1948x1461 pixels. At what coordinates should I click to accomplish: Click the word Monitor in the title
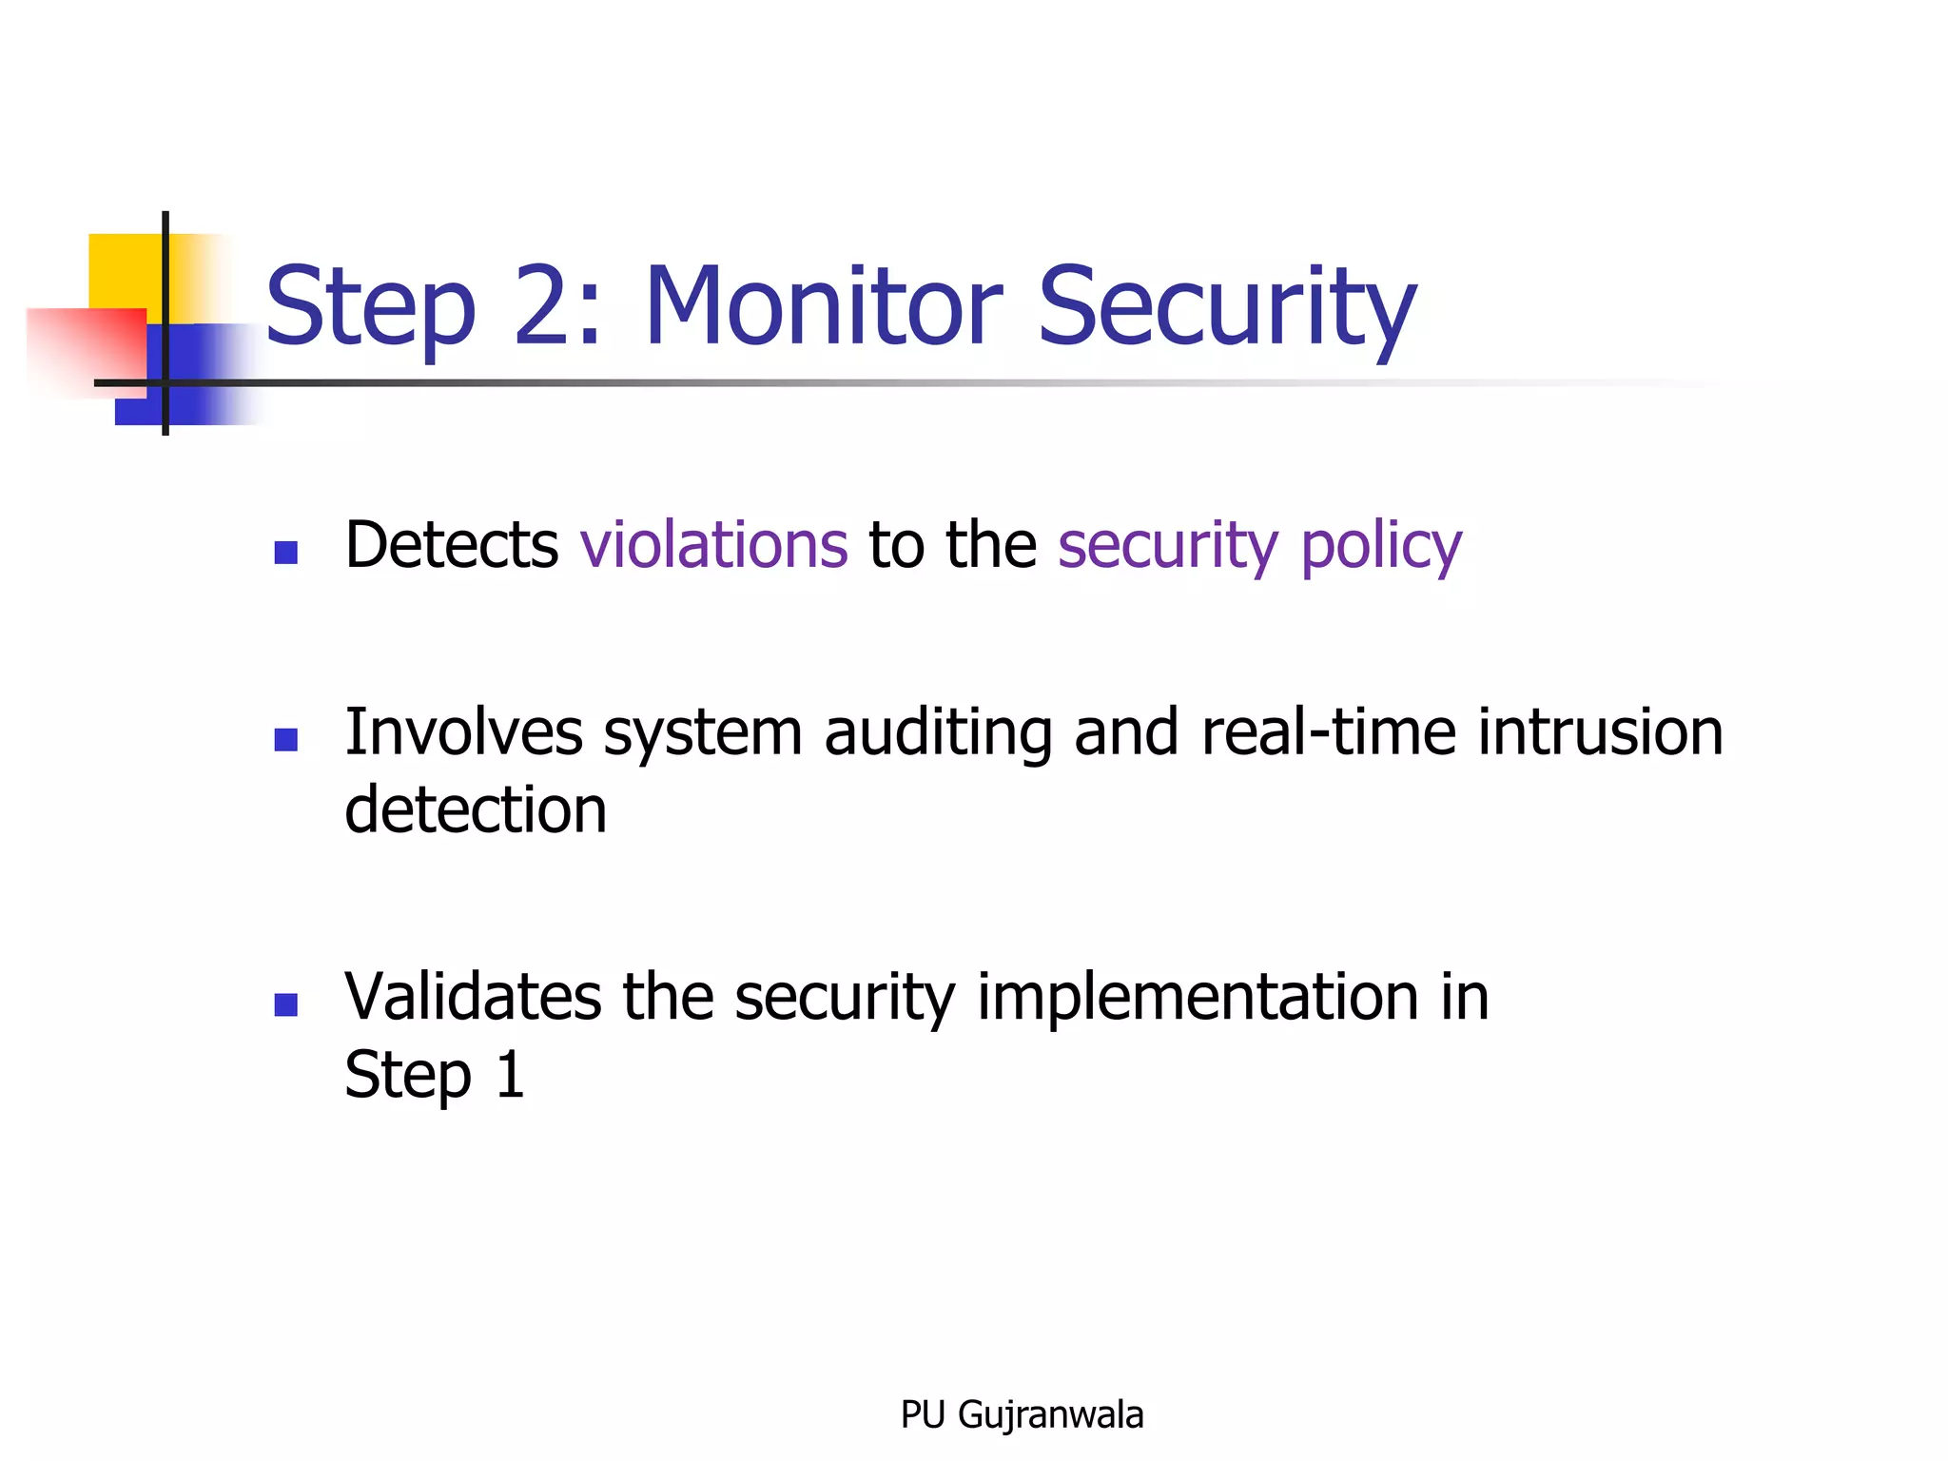click(x=824, y=306)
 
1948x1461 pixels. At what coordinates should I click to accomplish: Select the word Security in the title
click(x=1227, y=306)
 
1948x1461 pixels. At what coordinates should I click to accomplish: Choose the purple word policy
click(x=1381, y=548)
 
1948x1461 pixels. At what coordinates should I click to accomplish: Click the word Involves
click(x=463, y=732)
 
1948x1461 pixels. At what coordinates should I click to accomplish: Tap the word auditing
click(x=938, y=734)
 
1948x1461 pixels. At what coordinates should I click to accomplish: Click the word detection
click(x=476, y=810)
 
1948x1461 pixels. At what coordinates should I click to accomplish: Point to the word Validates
click(x=473, y=997)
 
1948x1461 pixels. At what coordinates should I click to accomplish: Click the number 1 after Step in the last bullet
click(x=511, y=1075)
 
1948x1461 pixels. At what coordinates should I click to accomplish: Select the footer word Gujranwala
click(x=1050, y=1415)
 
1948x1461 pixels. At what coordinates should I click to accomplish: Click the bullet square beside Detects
click(x=285, y=553)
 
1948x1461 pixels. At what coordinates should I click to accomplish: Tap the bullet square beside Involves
click(x=285, y=740)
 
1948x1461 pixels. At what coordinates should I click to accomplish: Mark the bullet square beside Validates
click(x=285, y=1004)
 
